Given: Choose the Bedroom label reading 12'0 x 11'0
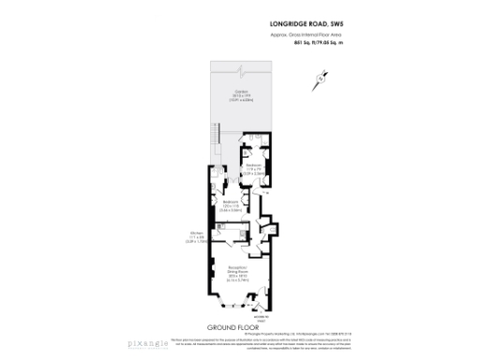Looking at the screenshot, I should pos(231,209).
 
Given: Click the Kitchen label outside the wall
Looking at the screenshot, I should pos(197,240).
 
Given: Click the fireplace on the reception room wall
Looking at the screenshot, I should pos(212,277).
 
